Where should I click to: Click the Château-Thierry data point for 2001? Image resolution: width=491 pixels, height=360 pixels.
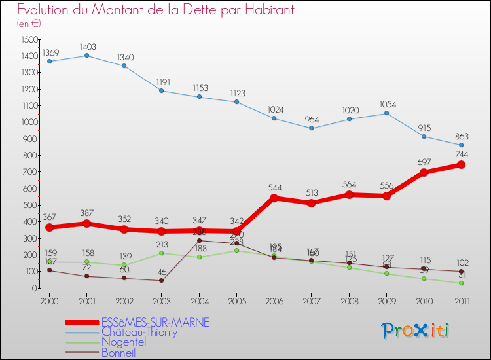tap(86, 56)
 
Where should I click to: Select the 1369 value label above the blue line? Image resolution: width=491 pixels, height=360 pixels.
tap(50, 52)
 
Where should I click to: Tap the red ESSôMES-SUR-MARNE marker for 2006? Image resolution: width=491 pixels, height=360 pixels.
tap(274, 198)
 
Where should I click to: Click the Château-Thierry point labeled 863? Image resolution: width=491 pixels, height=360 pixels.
tap(461, 145)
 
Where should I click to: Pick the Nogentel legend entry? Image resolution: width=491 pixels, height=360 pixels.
tap(124, 342)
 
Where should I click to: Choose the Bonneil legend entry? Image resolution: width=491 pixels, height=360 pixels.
tap(118, 353)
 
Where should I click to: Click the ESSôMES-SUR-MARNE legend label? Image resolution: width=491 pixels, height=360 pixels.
tap(155, 322)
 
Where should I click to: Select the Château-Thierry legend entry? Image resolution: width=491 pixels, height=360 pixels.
tap(139, 332)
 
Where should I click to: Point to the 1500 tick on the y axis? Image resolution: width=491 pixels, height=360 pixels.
tap(29, 39)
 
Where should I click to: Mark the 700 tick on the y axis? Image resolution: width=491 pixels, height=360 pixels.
tap(31, 172)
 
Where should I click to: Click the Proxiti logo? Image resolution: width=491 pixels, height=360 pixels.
tap(416, 331)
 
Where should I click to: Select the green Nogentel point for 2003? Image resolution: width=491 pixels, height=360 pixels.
tap(161, 253)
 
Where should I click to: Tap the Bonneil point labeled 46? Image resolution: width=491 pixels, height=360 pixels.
tap(161, 280)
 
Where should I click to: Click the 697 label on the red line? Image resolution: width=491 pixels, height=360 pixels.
tap(424, 160)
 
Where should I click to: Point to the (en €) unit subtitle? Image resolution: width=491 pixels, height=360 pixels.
tap(29, 24)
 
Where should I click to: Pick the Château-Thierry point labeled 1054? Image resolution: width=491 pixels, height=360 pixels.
tap(386, 113)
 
